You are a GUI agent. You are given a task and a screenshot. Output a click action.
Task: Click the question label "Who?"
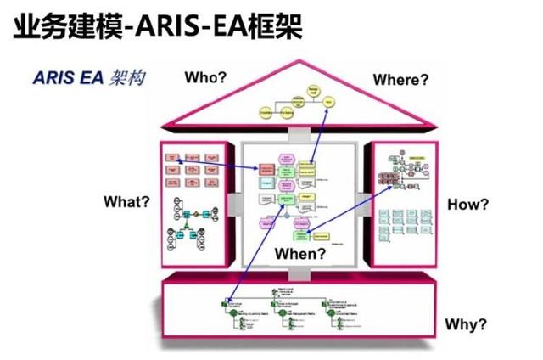[x=205, y=77]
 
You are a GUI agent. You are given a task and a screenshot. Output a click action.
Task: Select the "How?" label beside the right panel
[x=467, y=205]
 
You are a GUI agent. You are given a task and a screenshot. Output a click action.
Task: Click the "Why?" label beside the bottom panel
[x=466, y=324]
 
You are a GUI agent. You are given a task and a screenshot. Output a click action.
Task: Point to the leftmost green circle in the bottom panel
[x=226, y=301]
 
